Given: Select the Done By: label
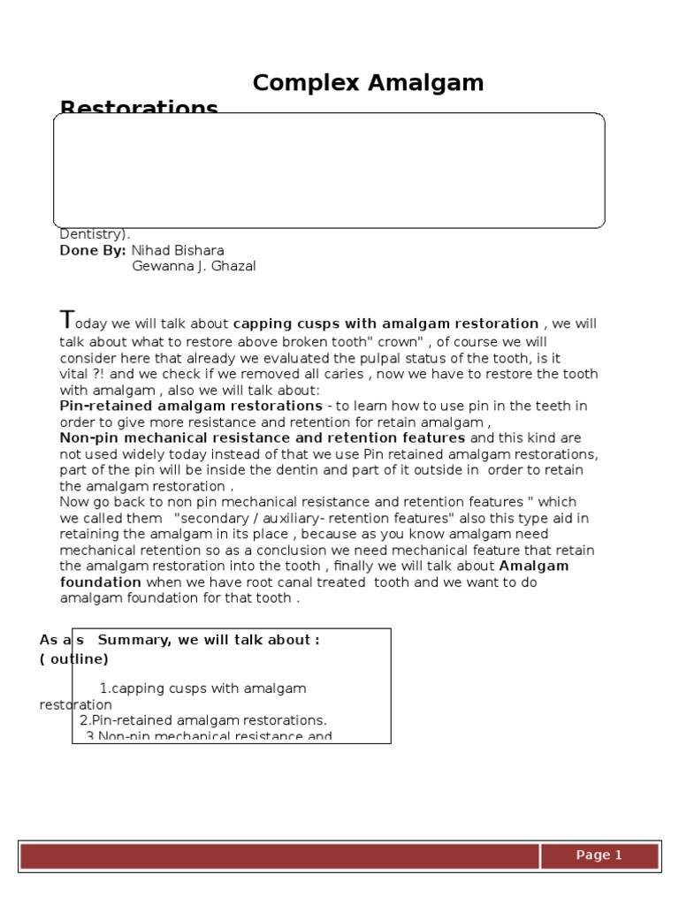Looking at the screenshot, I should [x=93, y=250].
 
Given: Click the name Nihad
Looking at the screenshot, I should [x=152, y=250].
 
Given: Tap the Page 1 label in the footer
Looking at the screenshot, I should [x=599, y=855].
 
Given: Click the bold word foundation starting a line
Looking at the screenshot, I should [x=100, y=582].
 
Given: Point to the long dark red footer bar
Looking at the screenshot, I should [x=279, y=856].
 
